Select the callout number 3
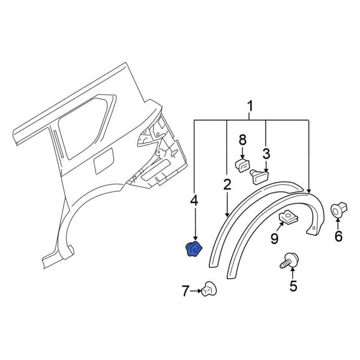pyautogui.click(x=266, y=153)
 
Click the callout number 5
pyautogui.click(x=293, y=286)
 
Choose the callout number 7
pyautogui.click(x=185, y=292)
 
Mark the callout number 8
pyautogui.click(x=242, y=140)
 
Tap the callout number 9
pyautogui.click(x=274, y=239)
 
